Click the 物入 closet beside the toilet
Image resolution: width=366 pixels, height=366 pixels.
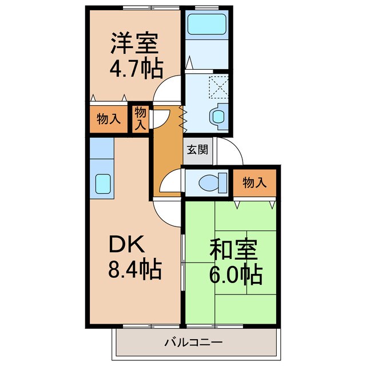(x=254, y=183)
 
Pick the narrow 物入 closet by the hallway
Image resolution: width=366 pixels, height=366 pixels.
(x=140, y=119)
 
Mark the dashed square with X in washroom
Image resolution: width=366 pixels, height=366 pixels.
(x=218, y=86)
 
